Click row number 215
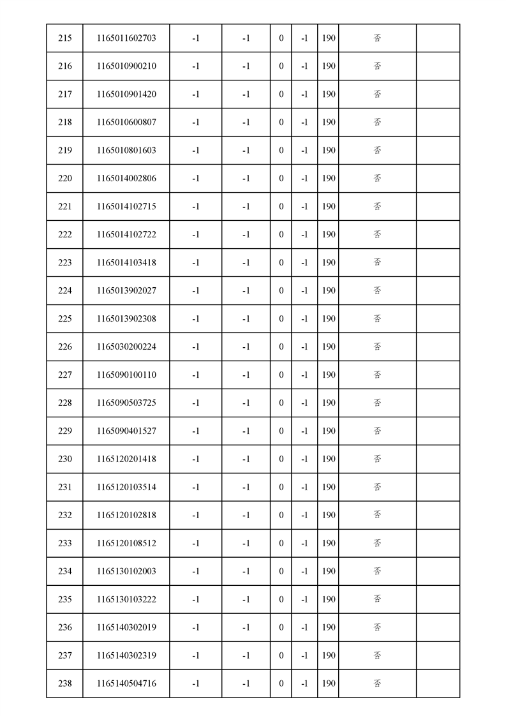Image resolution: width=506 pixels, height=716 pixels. (64, 38)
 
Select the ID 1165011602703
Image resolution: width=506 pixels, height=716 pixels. (126, 38)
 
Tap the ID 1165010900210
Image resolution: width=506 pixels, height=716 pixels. (126, 66)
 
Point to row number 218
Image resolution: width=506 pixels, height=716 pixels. (64, 123)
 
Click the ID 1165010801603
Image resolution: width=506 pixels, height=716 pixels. (126, 151)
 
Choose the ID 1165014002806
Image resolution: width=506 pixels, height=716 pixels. (126, 179)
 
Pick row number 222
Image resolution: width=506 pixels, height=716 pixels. (64, 235)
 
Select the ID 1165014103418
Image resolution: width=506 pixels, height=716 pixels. (126, 263)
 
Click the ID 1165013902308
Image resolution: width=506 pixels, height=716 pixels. (126, 319)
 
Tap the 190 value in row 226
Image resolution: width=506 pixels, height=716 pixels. (328, 347)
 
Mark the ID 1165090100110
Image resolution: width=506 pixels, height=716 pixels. (126, 375)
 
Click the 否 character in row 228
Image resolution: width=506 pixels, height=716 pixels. (377, 403)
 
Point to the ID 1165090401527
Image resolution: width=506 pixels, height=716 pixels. (126, 431)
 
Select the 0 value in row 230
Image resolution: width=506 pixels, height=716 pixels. (281, 459)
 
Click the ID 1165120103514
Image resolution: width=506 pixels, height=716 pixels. (126, 488)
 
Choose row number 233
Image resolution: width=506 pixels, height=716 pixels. (64, 544)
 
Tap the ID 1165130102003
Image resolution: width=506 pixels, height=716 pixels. (126, 572)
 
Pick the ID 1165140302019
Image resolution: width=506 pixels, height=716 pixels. (126, 628)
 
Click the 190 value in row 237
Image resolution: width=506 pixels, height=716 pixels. (328, 656)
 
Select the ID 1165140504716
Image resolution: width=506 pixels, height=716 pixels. (126, 684)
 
